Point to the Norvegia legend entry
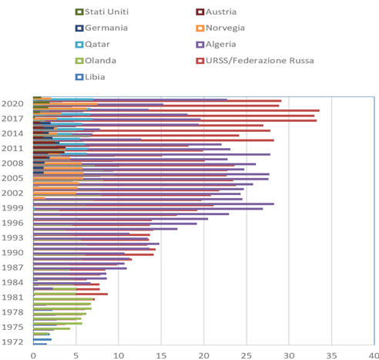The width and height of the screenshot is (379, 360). point(230,28)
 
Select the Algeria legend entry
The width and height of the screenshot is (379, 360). point(226,44)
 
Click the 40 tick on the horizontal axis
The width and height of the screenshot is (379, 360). point(374,354)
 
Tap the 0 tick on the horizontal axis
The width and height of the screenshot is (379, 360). point(34,354)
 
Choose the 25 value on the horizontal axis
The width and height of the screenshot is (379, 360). point(246,354)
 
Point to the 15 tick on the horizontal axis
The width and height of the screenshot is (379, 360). point(161,354)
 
